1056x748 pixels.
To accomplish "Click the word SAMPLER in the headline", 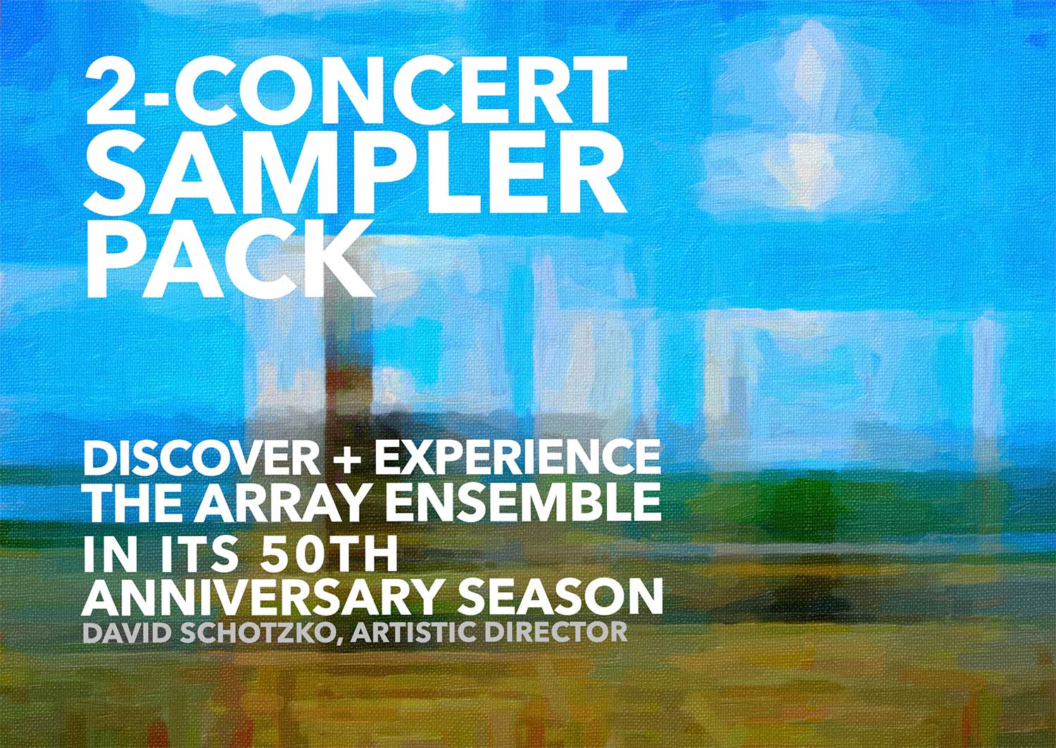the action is tap(355, 175).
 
